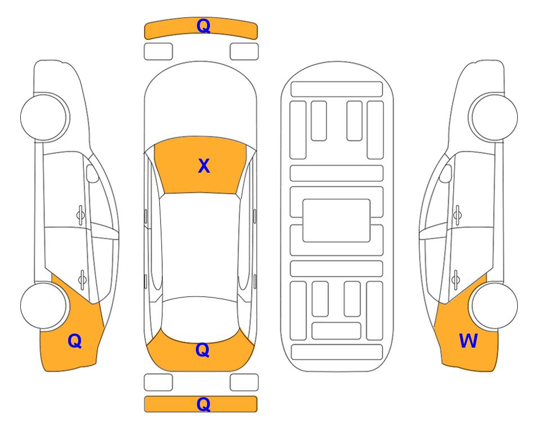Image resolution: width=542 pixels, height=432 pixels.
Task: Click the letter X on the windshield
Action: coord(204,166)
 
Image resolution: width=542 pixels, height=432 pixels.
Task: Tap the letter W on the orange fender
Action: coord(468,341)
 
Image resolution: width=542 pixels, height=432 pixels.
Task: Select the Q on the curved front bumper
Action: coord(203,26)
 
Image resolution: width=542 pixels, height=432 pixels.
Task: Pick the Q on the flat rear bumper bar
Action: coord(203,404)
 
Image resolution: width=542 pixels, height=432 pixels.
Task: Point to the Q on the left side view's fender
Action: coord(75,341)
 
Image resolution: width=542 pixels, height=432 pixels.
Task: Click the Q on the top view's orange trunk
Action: coord(203,350)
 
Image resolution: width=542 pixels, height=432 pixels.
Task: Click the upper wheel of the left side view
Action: coord(44,118)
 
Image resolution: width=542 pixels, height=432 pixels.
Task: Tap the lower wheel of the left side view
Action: coord(44,306)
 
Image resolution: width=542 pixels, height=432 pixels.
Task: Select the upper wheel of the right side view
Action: coord(494,118)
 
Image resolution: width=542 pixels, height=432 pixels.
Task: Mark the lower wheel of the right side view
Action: coord(494,306)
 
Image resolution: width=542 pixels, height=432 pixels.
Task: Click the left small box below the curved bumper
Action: coord(158,52)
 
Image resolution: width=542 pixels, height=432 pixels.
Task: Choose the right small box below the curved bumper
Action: coord(244,52)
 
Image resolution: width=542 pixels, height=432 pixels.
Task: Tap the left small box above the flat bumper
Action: coord(158,382)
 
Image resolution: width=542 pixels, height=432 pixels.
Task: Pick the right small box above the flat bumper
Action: coord(244,382)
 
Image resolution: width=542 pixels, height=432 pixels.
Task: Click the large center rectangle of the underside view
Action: coord(337,220)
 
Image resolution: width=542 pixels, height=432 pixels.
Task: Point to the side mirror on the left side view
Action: coord(92,173)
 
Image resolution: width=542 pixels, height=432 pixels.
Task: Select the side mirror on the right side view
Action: coord(446,173)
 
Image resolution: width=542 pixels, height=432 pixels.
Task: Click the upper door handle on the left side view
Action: coord(80,215)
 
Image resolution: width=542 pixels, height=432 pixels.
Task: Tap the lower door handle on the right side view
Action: coord(455,280)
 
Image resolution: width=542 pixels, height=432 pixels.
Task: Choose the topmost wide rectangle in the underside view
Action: coord(337,89)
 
